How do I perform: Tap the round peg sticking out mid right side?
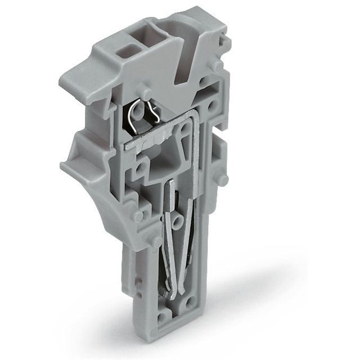(223, 180)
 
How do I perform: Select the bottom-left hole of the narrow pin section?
(163, 316)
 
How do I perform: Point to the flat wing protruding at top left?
(84, 73)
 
